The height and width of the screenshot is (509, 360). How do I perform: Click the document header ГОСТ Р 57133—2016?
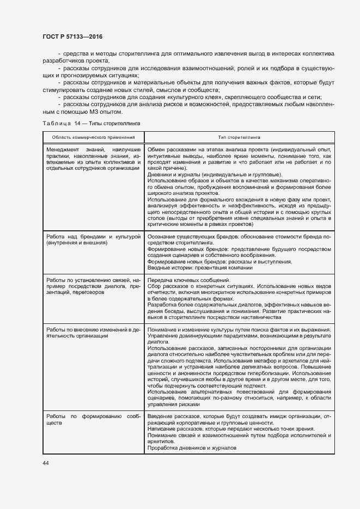coord(72,36)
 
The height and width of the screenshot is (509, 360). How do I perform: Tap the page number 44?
coord(46,463)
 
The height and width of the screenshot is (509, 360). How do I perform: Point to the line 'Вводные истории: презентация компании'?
coord(200,267)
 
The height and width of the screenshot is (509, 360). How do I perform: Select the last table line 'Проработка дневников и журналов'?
coord(192,448)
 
